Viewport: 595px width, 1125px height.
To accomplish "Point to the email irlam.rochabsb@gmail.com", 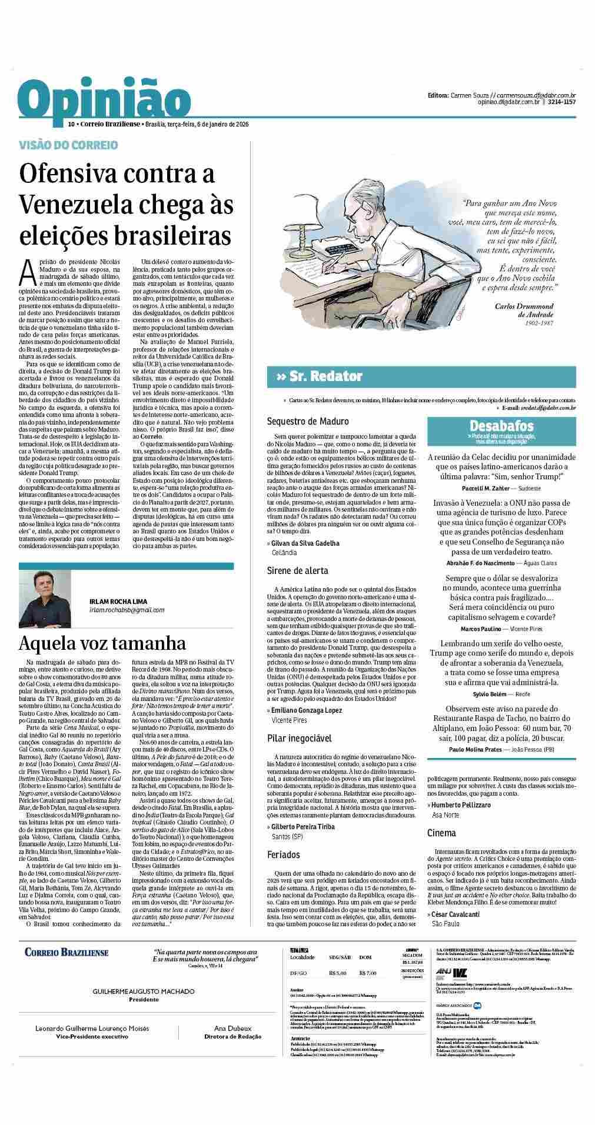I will tap(127, 610).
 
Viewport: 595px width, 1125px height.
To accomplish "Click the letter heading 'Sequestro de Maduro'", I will tap(307, 421).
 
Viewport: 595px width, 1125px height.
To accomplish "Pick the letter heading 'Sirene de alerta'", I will tap(297, 570).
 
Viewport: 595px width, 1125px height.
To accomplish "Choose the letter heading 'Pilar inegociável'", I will tap(299, 738).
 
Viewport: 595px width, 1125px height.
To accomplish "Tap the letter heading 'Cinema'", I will tap(441, 833).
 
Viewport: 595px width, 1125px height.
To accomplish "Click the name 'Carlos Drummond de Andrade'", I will tap(524, 310).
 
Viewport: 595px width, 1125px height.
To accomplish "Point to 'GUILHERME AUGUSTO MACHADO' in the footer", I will tap(144, 991).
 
